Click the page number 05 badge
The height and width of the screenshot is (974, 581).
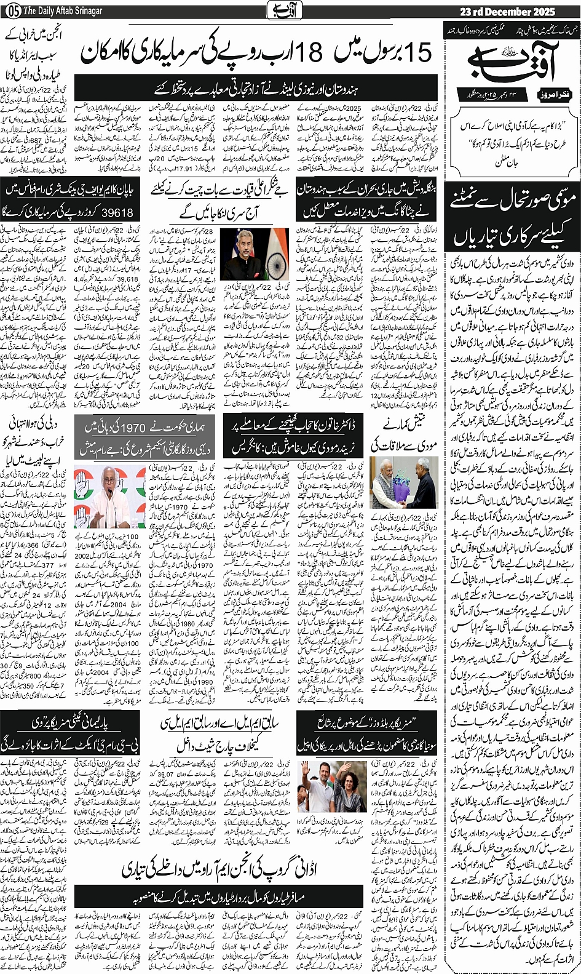[12, 10]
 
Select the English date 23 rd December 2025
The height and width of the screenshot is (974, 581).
[507, 11]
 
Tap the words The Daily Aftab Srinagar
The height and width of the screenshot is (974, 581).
[63, 11]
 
